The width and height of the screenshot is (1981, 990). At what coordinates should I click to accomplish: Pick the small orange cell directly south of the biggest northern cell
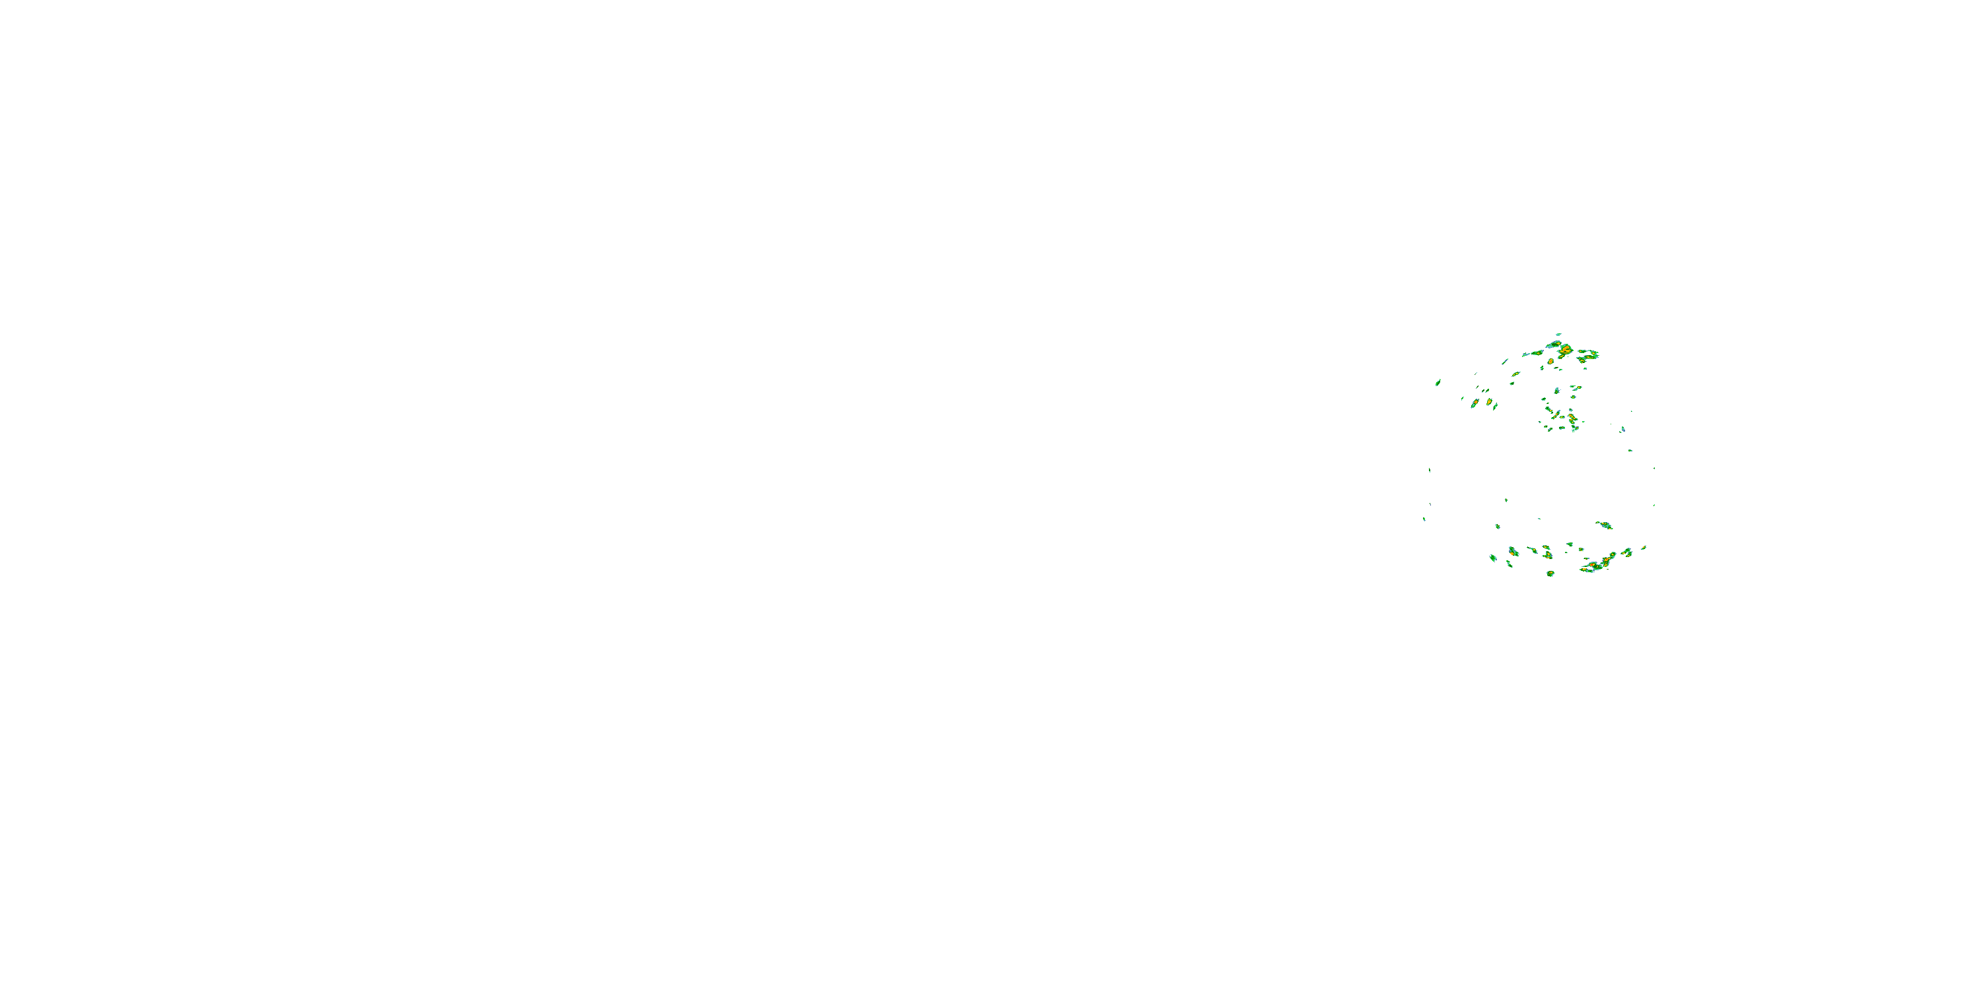point(1551,361)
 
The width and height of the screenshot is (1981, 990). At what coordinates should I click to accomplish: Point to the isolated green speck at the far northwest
point(1438,382)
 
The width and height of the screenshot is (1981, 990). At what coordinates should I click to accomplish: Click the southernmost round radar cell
point(1550,574)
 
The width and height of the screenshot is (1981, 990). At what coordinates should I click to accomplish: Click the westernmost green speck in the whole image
point(1424,519)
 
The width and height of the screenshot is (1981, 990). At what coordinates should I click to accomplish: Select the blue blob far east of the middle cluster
point(1622,429)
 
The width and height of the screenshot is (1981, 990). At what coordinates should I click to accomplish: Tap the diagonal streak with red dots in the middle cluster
point(1556,415)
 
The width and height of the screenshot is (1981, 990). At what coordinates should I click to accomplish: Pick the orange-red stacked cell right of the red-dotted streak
point(1572,420)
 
